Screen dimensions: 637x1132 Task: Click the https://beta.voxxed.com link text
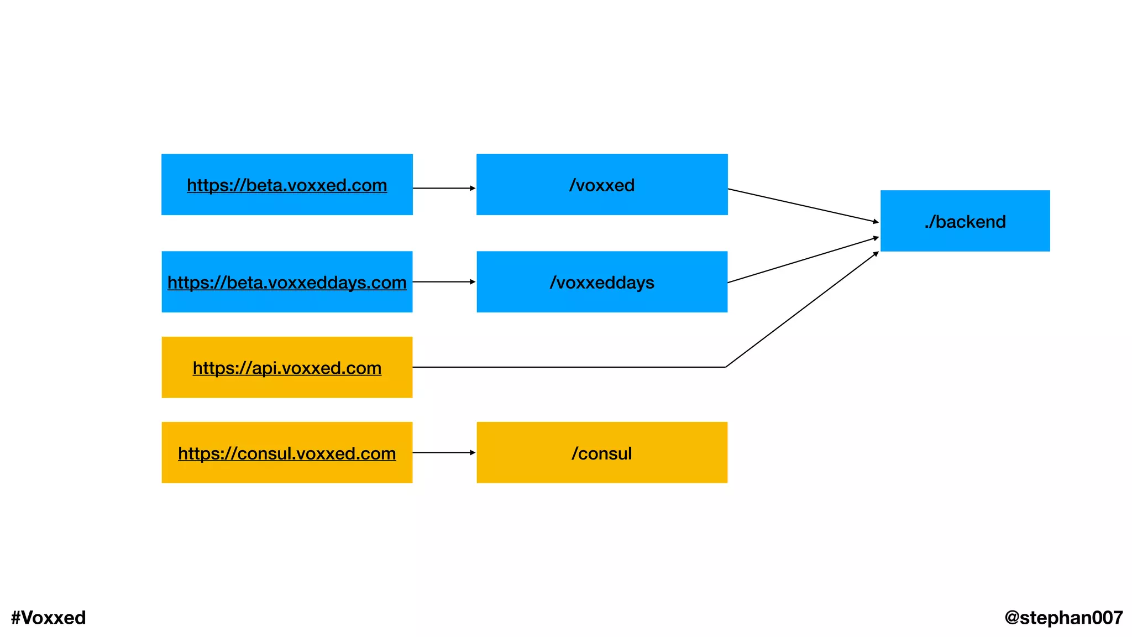point(287,185)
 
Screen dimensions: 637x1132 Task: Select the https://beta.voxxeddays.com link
point(287,283)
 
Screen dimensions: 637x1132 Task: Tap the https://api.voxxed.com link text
point(287,368)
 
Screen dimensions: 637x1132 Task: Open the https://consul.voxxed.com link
point(287,453)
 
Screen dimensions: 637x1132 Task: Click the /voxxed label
point(602,185)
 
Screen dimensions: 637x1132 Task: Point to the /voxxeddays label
point(602,283)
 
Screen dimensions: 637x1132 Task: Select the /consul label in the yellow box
point(602,453)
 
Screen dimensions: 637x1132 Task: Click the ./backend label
point(965,222)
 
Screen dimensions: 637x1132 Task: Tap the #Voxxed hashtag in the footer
point(49,618)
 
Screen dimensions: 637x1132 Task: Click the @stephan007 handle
point(1063,618)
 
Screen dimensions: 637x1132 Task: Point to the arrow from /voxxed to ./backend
point(803,206)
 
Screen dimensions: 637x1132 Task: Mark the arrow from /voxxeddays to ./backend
point(803,260)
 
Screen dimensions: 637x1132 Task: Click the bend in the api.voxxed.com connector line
point(726,367)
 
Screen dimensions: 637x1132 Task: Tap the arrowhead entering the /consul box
point(473,453)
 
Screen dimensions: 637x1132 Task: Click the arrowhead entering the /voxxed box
point(473,189)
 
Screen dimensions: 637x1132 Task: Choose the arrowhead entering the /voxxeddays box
point(473,282)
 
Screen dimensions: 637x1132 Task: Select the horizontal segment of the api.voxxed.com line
point(569,367)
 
